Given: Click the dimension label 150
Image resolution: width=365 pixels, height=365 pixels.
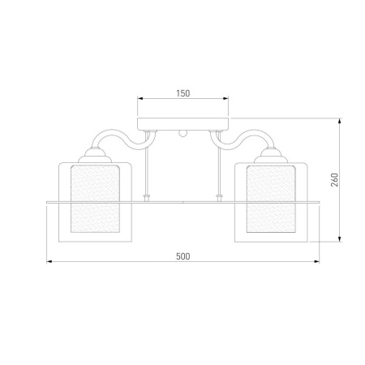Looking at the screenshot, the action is click(183, 93).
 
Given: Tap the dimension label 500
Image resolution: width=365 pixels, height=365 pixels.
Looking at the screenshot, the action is click(183, 256).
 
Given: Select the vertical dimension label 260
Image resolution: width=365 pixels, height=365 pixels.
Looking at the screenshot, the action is click(334, 180).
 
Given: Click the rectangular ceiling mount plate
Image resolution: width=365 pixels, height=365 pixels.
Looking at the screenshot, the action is click(183, 124).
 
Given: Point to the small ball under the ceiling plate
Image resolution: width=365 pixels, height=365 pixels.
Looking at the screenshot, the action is click(182, 134).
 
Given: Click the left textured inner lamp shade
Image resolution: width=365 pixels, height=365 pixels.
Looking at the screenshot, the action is click(95, 199).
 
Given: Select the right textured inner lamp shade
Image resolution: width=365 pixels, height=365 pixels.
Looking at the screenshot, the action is click(271, 199).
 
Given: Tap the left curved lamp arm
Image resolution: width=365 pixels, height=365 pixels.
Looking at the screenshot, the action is click(123, 137).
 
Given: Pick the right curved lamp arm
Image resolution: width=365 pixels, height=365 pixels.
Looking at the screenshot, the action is click(243, 137).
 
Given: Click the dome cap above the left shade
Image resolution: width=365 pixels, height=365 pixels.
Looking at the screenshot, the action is click(95, 156).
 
